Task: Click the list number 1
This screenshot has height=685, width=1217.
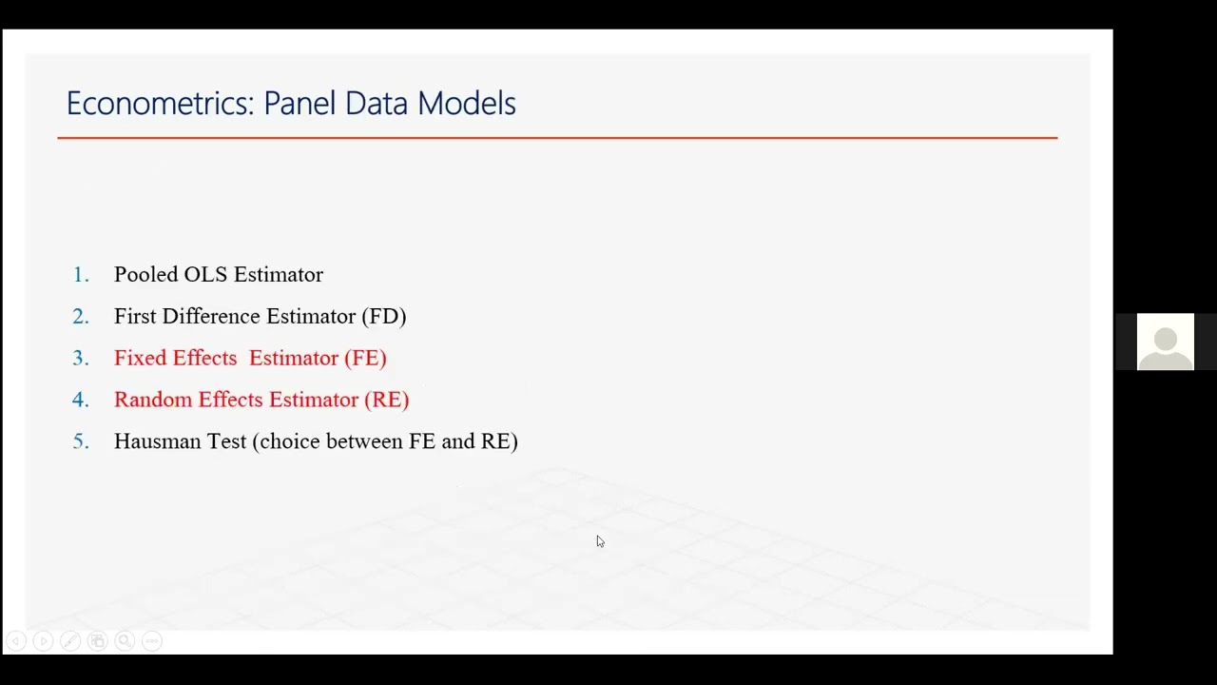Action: [x=81, y=275]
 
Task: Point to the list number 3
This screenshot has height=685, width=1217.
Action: [x=81, y=359]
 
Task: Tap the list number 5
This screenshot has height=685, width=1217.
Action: [x=81, y=441]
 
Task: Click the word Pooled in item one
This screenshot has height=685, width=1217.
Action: [x=145, y=275]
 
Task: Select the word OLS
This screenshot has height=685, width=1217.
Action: [x=205, y=275]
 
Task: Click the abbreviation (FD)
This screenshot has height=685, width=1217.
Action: [x=383, y=317]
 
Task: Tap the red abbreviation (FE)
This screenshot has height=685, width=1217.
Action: [x=365, y=359]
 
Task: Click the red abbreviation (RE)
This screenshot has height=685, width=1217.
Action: [x=386, y=401]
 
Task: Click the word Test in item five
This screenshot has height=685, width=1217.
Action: [x=226, y=441]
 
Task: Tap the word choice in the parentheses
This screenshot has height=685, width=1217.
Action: [x=289, y=441]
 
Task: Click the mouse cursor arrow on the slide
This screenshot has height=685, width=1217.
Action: [x=600, y=541]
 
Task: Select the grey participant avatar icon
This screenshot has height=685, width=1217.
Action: [x=1165, y=342]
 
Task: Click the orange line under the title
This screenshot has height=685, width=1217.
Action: [x=557, y=138]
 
